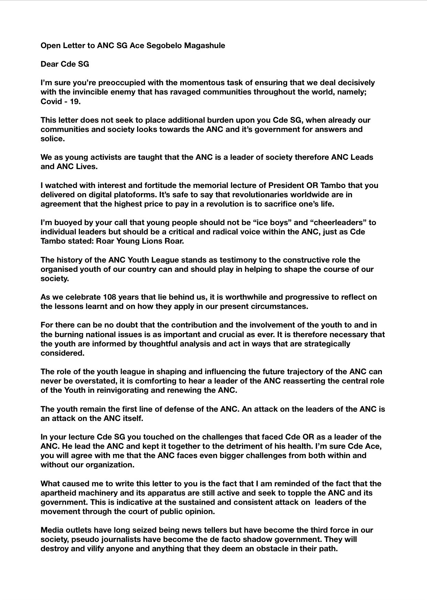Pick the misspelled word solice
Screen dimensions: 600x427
[52, 139]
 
